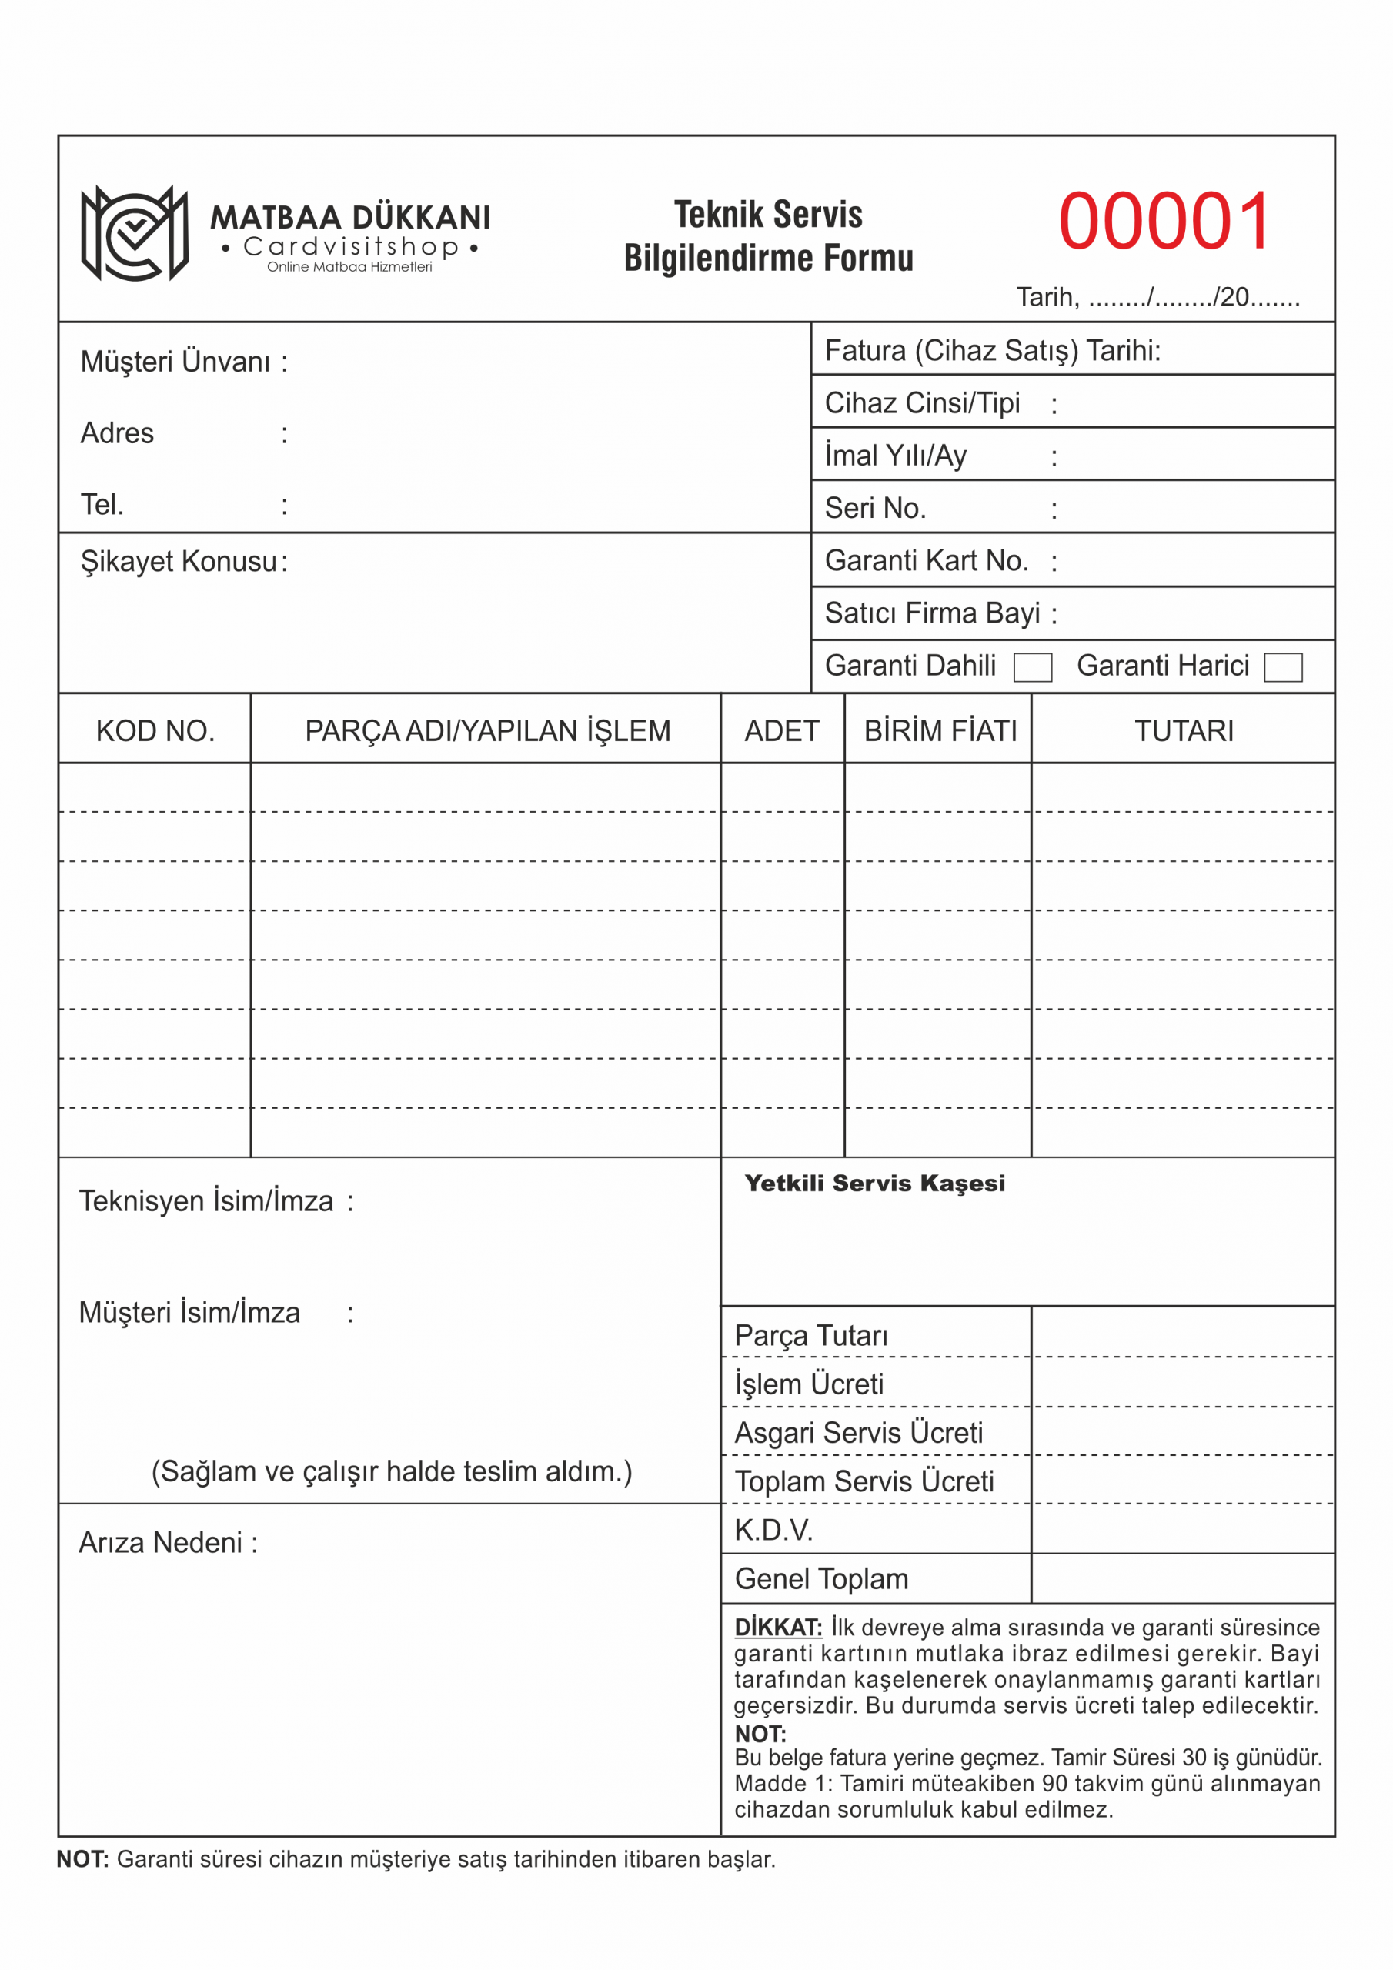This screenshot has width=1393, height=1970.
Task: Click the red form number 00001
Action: pyautogui.click(x=1164, y=222)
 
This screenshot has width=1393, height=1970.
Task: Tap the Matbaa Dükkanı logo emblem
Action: pyautogui.click(x=134, y=233)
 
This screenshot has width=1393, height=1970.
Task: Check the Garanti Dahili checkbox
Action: pyautogui.click(x=1033, y=666)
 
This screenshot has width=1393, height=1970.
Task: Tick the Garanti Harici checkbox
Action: pyautogui.click(x=1282, y=666)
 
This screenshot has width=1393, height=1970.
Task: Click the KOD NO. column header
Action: pyautogui.click(x=155, y=731)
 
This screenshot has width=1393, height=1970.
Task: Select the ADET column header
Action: pyautogui.click(x=781, y=731)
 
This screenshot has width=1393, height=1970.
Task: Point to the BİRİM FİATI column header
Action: pyautogui.click(x=940, y=731)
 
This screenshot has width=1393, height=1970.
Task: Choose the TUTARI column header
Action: pyautogui.click(x=1184, y=731)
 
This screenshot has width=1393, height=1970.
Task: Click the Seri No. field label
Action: pyautogui.click(x=876, y=508)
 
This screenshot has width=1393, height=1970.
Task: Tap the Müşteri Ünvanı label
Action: pyautogui.click(x=175, y=362)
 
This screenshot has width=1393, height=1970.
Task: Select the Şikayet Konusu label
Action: pyautogui.click(x=179, y=561)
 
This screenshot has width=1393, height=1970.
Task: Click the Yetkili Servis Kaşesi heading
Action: pyautogui.click(x=874, y=1184)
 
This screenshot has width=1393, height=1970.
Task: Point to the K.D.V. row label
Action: pyautogui.click(x=773, y=1530)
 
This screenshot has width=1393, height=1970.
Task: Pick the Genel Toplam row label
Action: pyautogui.click(x=821, y=1579)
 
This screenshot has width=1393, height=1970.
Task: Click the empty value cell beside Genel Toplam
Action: pyautogui.click(x=1182, y=1579)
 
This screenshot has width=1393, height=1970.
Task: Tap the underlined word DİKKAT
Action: pyautogui.click(x=777, y=1628)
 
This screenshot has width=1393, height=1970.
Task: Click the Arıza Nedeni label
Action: pyautogui.click(x=161, y=1543)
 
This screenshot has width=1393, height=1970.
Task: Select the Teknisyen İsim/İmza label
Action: pyautogui.click(x=206, y=1201)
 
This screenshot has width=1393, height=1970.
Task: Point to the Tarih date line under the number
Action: pyautogui.click(x=1157, y=297)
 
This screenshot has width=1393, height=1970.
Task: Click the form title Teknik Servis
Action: pyautogui.click(x=768, y=215)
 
